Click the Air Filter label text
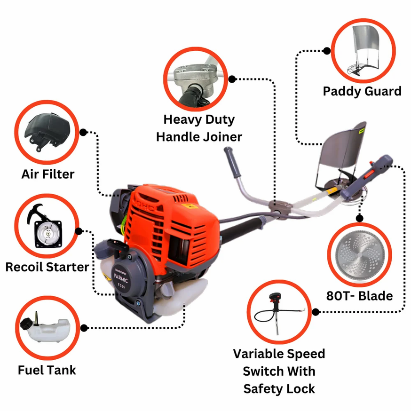click(47, 174)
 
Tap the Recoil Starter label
click(47, 267)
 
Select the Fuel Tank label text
click(47, 370)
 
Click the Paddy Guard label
click(362, 92)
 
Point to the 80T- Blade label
click(359, 296)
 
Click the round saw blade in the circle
click(360, 255)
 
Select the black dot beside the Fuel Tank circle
click(84, 328)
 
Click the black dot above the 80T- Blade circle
click(360, 218)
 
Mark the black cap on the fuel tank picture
click(27, 324)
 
